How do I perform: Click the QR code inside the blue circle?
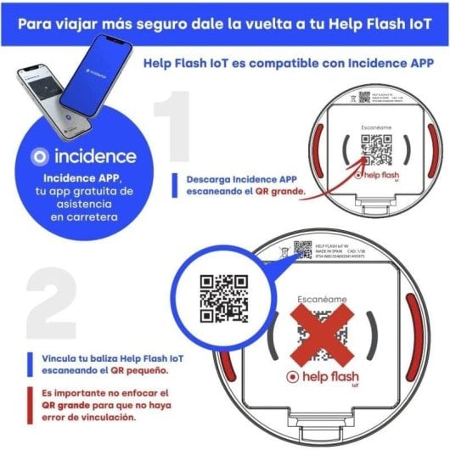tap(222, 300)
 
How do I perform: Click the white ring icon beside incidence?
tap(38, 156)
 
